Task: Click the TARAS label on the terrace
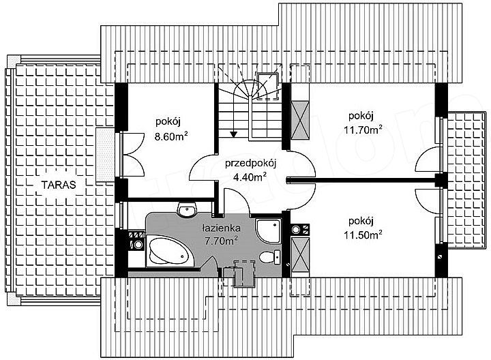pyautogui.click(x=59, y=185)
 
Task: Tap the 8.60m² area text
pyautogui.click(x=170, y=136)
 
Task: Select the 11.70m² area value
pyautogui.click(x=363, y=130)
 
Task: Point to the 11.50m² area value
pyautogui.click(x=363, y=235)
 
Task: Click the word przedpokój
pyautogui.click(x=250, y=164)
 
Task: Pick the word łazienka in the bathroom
pyautogui.click(x=221, y=228)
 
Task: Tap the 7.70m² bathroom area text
pyautogui.click(x=221, y=241)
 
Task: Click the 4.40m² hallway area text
pyautogui.click(x=250, y=177)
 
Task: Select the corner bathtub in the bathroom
pyautogui.click(x=169, y=252)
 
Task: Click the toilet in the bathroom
pyautogui.click(x=270, y=256)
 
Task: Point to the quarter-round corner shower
pyautogui.click(x=268, y=230)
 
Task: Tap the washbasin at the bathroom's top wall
pyautogui.click(x=187, y=209)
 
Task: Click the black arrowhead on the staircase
pyautogui.click(x=233, y=134)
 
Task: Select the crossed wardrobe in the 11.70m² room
pyautogui.click(x=300, y=119)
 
